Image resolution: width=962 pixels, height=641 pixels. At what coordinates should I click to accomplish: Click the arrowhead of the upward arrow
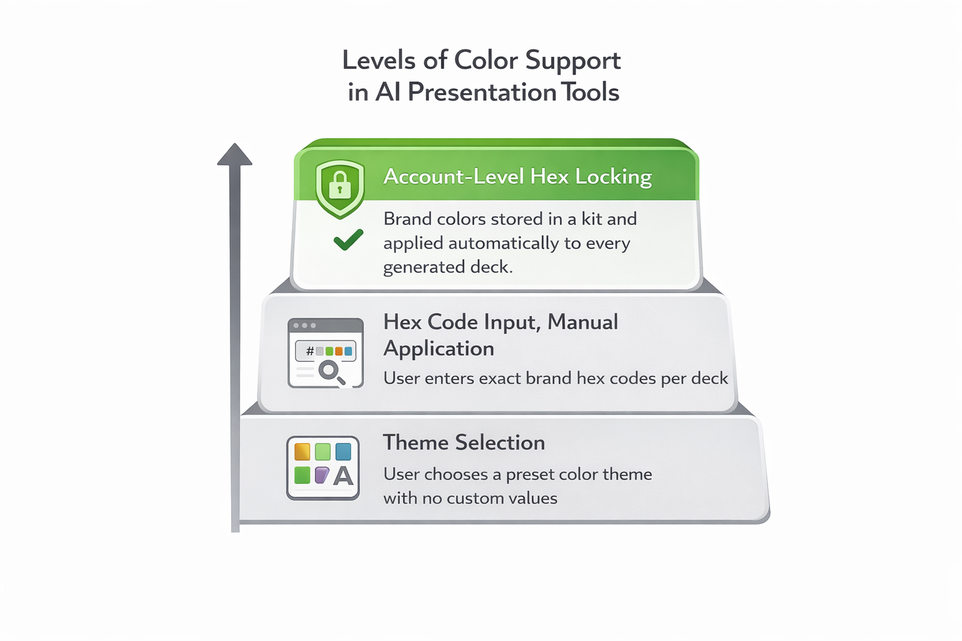pyautogui.click(x=235, y=155)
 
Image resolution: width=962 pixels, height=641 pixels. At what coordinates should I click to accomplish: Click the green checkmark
pyautogui.click(x=348, y=240)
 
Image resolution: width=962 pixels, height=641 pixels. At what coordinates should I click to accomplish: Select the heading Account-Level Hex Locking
pyautogui.click(x=517, y=177)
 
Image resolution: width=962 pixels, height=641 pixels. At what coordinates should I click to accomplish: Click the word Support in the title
pyautogui.click(x=572, y=61)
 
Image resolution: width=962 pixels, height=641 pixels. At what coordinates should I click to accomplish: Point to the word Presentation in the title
pyautogui.click(x=482, y=93)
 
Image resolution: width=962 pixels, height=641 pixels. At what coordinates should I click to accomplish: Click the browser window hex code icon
pyautogui.click(x=326, y=352)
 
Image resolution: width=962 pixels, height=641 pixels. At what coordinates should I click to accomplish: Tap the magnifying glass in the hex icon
pyautogui.click(x=330, y=371)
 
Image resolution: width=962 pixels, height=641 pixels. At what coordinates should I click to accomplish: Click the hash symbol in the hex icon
pyautogui.click(x=309, y=351)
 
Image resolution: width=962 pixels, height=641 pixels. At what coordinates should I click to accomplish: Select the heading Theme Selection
pyautogui.click(x=463, y=443)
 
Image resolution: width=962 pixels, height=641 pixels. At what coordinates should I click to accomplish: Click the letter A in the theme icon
pyautogui.click(x=343, y=476)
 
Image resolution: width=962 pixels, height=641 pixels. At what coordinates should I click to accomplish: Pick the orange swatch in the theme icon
pyautogui.click(x=302, y=451)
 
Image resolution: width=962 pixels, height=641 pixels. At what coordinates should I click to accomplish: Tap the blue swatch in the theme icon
pyautogui.click(x=343, y=451)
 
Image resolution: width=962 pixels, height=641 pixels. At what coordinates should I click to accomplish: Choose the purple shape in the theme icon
pyautogui.click(x=322, y=475)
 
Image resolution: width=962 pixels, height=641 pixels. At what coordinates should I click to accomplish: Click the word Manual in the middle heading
pyautogui.click(x=582, y=322)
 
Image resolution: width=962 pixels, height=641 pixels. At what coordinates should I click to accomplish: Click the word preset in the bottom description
pyautogui.click(x=530, y=474)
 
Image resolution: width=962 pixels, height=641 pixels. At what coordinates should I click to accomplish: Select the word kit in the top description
pyautogui.click(x=591, y=219)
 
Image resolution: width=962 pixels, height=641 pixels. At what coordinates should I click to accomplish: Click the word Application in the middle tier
pyautogui.click(x=438, y=349)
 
